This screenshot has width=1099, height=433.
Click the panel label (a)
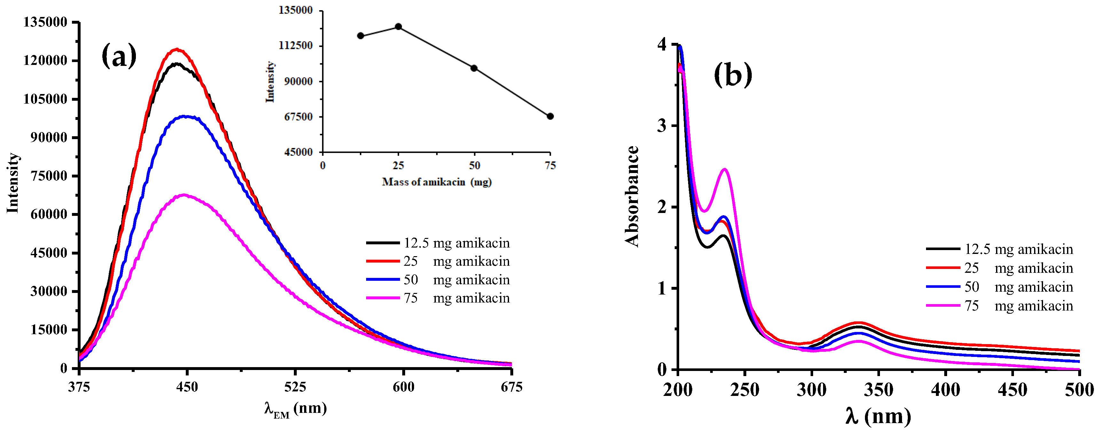point(119,56)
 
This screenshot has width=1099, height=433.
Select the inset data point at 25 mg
point(398,27)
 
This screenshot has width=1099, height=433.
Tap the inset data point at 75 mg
point(550,116)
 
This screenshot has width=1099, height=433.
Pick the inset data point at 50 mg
point(474,68)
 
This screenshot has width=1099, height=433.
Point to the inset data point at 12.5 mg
point(360,36)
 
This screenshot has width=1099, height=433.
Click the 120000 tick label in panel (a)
point(45,60)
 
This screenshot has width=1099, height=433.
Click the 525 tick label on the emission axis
point(295,387)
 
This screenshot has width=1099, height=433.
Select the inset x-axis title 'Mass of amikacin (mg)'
point(436,182)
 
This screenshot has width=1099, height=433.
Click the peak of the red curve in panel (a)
point(177,50)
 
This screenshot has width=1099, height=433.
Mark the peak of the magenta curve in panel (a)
point(184,195)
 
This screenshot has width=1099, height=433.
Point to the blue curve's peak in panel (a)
point(185,116)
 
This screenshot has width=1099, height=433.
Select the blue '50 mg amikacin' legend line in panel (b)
point(943,287)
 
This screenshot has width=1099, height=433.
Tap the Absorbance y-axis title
point(632,196)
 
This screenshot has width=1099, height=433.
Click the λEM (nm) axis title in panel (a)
point(295,409)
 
